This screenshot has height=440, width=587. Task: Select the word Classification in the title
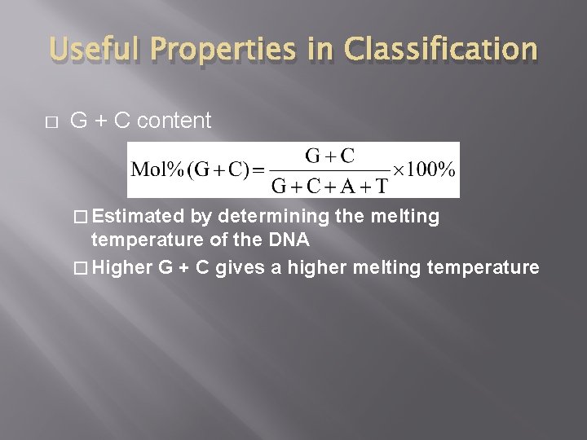[x=440, y=50]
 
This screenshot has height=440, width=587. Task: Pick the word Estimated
[x=138, y=217]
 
